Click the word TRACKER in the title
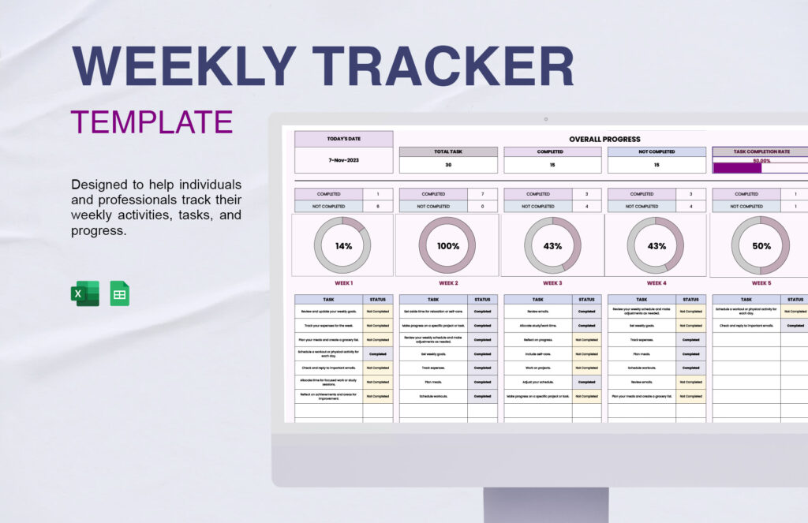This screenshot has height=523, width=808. coord(442,66)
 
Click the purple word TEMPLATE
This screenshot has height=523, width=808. coord(151,122)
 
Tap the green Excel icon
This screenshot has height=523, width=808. coord(84,293)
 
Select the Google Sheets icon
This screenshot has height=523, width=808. coord(119,293)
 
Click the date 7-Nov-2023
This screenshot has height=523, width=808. coord(343,160)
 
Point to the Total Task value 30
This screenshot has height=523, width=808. coord(448,165)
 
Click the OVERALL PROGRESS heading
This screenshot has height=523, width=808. coord(604,139)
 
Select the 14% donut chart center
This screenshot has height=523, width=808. coord(343,246)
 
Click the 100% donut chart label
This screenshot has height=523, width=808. coord(447,246)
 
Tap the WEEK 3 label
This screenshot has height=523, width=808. coord(552,282)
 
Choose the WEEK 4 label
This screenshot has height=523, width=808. coord(656,282)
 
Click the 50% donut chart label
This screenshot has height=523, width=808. coord(761,246)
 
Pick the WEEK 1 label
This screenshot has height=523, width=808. coord(343,282)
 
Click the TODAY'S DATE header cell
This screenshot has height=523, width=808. coord(343,139)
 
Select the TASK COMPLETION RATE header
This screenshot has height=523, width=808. coord(761,151)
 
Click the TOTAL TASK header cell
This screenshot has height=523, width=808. coord(448,151)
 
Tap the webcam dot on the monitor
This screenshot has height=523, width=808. coord(545,119)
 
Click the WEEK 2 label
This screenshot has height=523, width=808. coord(447,282)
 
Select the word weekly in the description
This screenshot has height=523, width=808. coord(98,215)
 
